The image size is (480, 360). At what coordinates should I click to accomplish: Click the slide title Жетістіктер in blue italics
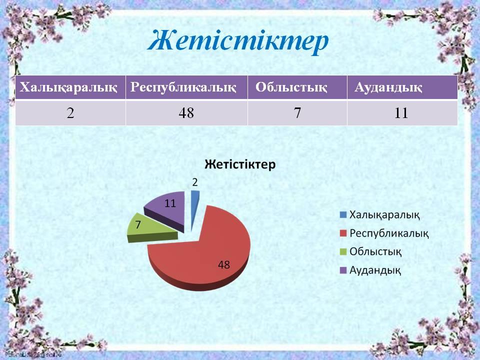tap(238, 41)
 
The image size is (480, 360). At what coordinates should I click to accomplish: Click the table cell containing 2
tap(70, 113)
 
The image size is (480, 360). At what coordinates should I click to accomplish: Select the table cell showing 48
tap(186, 113)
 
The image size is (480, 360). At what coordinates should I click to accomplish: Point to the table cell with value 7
tap(297, 113)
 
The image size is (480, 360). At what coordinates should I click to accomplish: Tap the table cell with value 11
tap(402, 113)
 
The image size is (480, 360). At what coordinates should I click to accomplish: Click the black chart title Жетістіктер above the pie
tap(240, 164)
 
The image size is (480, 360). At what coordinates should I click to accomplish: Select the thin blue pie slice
tap(194, 208)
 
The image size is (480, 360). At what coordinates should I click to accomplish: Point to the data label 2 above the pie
tap(195, 182)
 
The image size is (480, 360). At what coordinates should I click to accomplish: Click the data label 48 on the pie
tap(224, 265)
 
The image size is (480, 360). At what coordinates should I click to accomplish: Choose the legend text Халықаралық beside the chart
tap(384, 215)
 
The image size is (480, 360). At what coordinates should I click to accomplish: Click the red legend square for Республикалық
tap(343, 233)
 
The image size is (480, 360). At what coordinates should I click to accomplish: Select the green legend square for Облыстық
tap(343, 251)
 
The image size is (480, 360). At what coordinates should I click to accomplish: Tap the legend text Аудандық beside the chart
tap(375, 270)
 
